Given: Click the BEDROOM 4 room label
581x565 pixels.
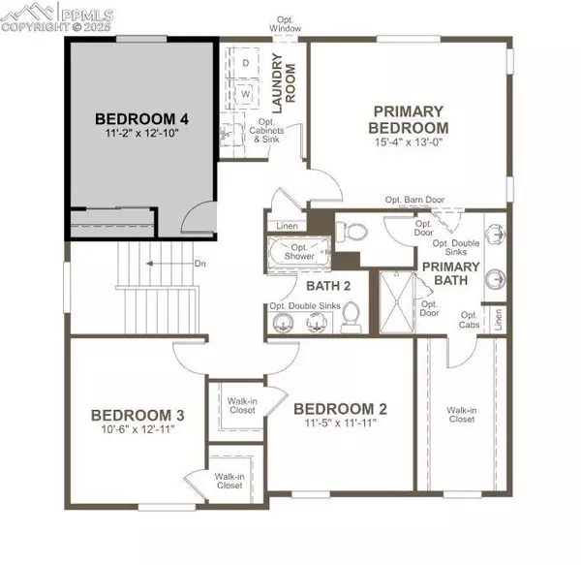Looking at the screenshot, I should point(141,118).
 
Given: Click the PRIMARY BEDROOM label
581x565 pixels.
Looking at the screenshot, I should point(411,119).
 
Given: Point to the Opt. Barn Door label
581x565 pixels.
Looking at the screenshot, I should point(414,200).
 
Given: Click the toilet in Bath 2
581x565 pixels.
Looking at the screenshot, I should point(352,315).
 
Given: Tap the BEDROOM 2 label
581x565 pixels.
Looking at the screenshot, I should point(341,407).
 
